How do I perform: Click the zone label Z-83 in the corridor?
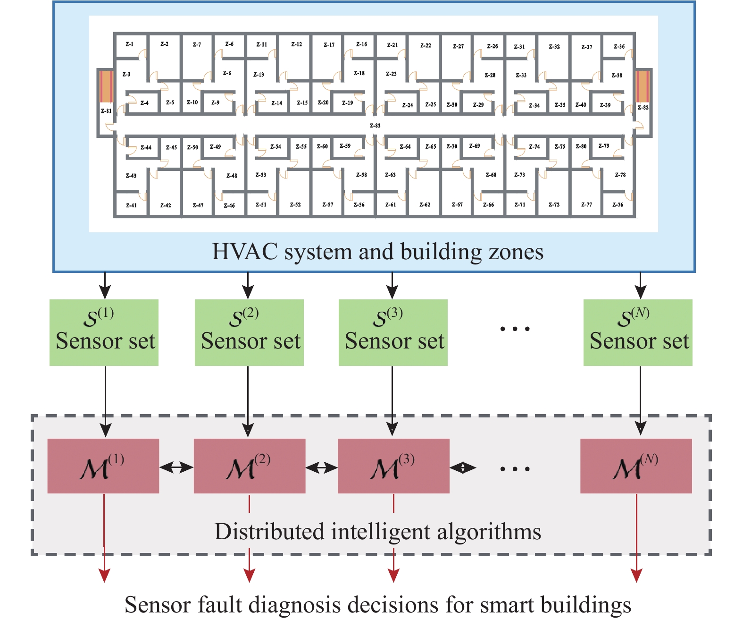(375, 126)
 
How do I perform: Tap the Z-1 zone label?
(129, 44)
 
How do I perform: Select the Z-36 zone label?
(619, 47)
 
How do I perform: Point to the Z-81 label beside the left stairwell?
(106, 111)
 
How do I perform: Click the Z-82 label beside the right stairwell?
(643, 108)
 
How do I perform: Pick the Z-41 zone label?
(131, 205)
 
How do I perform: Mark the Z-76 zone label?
(618, 205)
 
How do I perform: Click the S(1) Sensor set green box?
(104, 332)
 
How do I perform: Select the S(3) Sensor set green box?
(393, 332)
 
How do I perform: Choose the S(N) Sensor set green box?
(638, 332)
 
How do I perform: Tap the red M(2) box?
(250, 466)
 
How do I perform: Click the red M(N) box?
(636, 466)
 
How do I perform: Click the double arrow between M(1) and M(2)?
(176, 468)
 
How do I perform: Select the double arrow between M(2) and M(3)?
(322, 468)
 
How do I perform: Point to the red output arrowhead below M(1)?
(104, 576)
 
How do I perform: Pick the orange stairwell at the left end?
(106, 86)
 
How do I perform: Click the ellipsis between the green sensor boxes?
(515, 329)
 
